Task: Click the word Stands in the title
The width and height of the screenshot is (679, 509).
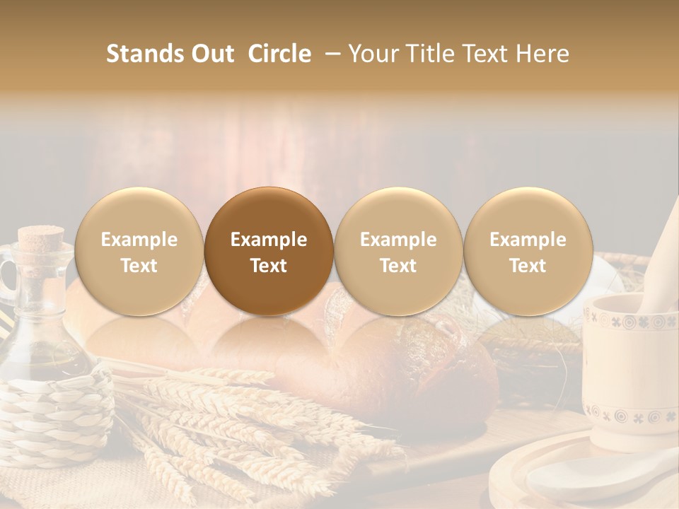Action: (145, 54)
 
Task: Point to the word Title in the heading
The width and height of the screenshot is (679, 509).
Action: (432, 54)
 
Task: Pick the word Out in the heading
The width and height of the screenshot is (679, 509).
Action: (212, 54)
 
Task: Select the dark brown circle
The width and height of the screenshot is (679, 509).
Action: (269, 251)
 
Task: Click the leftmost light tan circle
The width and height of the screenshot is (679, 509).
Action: (139, 251)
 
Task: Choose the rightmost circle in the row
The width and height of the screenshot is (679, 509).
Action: (528, 251)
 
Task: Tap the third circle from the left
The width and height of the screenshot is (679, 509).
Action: (398, 251)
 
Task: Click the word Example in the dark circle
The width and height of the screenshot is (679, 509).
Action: (269, 240)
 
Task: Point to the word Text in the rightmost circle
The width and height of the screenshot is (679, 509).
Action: (528, 266)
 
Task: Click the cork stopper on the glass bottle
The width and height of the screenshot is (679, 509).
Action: (40, 238)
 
